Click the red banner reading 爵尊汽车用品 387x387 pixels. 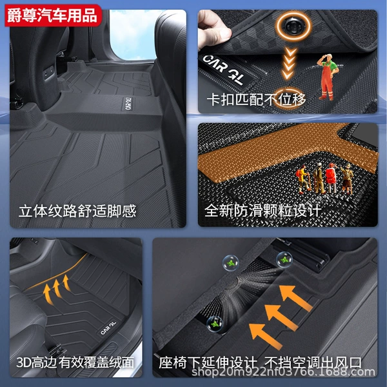[x=53, y=15]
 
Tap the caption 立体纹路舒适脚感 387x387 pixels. [x=77, y=212]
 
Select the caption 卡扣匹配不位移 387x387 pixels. [x=256, y=100]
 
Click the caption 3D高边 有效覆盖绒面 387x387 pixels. [x=75, y=362]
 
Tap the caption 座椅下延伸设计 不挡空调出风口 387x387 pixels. [x=260, y=362]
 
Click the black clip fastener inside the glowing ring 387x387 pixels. [x=293, y=25]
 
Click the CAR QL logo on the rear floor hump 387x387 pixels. [x=128, y=103]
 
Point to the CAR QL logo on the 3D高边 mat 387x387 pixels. [x=108, y=328]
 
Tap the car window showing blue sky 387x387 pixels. [x=135, y=35]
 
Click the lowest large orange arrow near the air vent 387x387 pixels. [x=266, y=335]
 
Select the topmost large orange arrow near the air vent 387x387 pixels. [x=295, y=298]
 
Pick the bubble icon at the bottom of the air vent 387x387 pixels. [x=215, y=324]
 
